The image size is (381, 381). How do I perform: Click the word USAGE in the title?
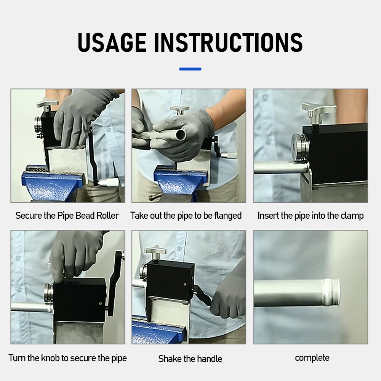pyautogui.click(x=112, y=42)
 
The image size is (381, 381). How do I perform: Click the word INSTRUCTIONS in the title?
pyautogui.click(x=229, y=42)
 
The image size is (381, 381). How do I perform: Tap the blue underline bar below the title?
pyautogui.click(x=190, y=69)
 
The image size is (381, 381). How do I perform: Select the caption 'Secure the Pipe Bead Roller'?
pyautogui.click(x=67, y=216)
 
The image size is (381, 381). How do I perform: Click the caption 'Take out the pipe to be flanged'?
pyautogui.click(x=186, y=216)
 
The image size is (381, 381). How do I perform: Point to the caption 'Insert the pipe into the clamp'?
pyautogui.click(x=311, y=216)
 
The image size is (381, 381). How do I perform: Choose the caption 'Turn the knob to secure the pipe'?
pyautogui.click(x=67, y=358)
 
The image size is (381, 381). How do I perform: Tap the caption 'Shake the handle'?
pyautogui.click(x=190, y=359)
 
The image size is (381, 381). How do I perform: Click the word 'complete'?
pyautogui.click(x=312, y=358)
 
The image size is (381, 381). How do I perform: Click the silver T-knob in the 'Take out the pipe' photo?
pyautogui.click(x=179, y=110)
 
